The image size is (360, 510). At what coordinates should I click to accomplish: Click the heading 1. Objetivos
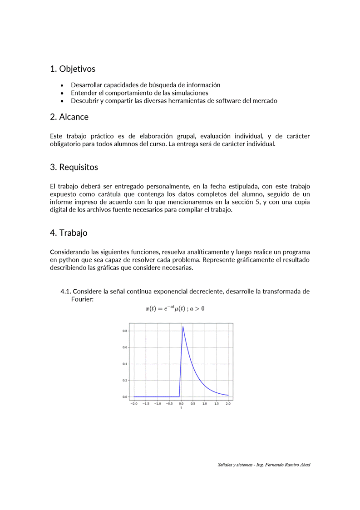click(x=73, y=69)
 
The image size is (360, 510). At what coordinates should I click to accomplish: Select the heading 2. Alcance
click(x=69, y=117)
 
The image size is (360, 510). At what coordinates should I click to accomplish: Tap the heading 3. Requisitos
click(x=74, y=167)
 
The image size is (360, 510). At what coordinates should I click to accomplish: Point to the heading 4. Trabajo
click(x=69, y=233)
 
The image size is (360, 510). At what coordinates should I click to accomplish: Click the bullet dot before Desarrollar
click(x=62, y=85)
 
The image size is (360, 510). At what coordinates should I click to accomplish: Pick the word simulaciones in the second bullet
click(x=187, y=93)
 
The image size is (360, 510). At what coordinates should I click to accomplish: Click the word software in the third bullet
click(x=223, y=101)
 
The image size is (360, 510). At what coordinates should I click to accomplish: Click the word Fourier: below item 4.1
click(x=82, y=299)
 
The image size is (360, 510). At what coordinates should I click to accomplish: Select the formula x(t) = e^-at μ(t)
click(x=175, y=309)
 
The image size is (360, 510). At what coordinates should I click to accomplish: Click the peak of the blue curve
click(x=183, y=327)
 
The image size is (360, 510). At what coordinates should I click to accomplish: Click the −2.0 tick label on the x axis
click(x=134, y=403)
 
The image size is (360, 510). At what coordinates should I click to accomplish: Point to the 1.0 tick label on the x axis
click(x=205, y=403)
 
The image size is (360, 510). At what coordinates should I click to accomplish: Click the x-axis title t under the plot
click(x=181, y=408)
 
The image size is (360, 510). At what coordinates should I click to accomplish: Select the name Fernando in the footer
click(x=277, y=465)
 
